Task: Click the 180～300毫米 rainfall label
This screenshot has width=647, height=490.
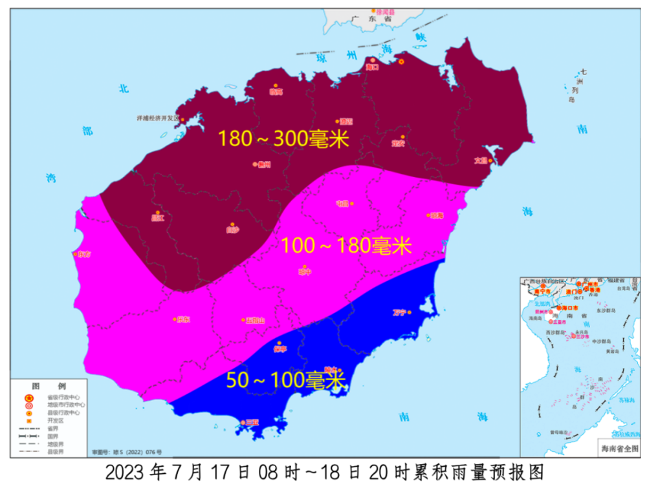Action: (283, 139)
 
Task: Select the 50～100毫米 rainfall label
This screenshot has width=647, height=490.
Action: (285, 380)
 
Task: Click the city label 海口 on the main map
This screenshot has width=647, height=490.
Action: (371, 67)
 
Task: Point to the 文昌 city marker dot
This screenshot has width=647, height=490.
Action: (490, 160)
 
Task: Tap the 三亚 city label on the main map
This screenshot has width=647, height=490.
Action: (252, 423)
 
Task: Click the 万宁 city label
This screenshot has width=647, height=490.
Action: (399, 313)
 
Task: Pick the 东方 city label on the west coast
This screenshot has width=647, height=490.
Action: (84, 254)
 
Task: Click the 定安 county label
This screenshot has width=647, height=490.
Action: (397, 144)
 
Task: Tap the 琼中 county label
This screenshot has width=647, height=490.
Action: (304, 272)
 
